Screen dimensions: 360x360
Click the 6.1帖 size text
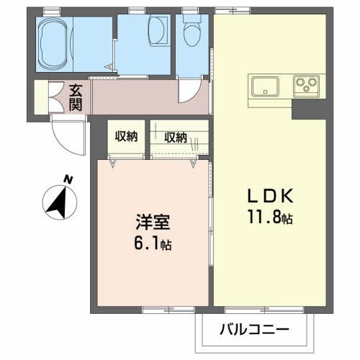point(152,243)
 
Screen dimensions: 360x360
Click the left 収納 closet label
point(127,137)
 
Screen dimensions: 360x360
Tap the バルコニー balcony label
point(254,332)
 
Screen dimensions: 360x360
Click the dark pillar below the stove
point(302,109)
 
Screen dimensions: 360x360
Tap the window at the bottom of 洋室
point(163,310)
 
